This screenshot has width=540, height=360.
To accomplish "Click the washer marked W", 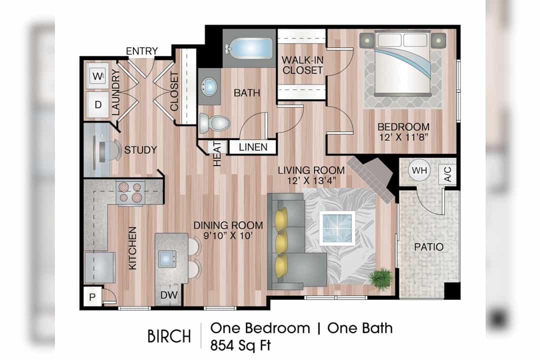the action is click(x=97, y=76).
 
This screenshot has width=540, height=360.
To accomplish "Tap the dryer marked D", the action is click(x=97, y=104).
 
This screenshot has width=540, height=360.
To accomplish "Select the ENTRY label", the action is click(x=141, y=51).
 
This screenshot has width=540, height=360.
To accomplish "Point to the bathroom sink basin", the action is click(x=209, y=86).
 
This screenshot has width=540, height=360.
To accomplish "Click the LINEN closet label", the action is click(x=253, y=147).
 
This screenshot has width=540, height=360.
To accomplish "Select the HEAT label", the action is click(x=217, y=153).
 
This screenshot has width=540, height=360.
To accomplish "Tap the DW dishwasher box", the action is click(x=169, y=295).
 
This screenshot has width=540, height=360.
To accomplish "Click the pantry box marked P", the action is click(x=92, y=296).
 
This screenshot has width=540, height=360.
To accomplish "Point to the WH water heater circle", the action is click(x=419, y=170).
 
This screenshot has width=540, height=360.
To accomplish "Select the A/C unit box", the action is click(x=447, y=174).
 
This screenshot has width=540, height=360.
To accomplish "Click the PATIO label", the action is click(x=428, y=246).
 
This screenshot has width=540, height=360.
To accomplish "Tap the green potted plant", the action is click(x=381, y=276).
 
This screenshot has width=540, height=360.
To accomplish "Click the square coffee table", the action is click(x=337, y=228).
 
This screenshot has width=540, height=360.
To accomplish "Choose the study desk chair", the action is click(x=110, y=150).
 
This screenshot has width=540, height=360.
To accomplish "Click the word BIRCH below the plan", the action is click(x=169, y=336).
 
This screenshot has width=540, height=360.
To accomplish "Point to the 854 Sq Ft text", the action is click(x=240, y=345).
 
